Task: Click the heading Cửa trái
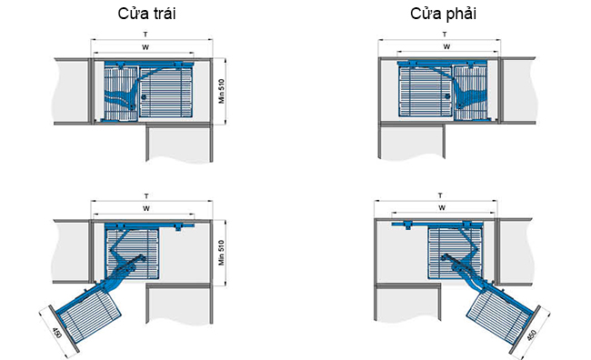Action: tap(146, 14)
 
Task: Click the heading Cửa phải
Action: tap(444, 14)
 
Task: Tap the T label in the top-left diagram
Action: tap(145, 35)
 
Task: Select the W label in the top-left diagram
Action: tap(145, 47)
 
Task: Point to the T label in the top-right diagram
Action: tap(445, 35)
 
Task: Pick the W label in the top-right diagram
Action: tap(446, 46)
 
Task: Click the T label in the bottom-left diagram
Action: tap(146, 196)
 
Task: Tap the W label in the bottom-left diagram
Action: tap(146, 208)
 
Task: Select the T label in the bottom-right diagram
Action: tap(440, 195)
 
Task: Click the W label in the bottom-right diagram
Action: tap(442, 207)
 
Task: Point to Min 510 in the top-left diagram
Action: tap(221, 91)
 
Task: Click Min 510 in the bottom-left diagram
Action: tap(221, 253)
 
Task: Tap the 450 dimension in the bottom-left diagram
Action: tap(57, 333)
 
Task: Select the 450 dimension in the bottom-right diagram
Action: tap(532, 335)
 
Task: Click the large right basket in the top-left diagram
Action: tap(166, 92)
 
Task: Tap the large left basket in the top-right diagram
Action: tap(425, 92)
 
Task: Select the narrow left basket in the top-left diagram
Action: tap(121, 94)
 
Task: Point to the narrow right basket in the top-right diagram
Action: tap(470, 94)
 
